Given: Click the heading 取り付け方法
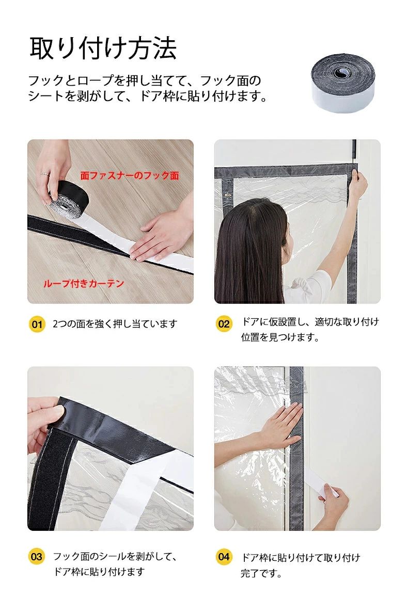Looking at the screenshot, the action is point(103,49).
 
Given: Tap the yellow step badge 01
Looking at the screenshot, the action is point(37,325).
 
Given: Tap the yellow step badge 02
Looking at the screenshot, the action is point(224,325).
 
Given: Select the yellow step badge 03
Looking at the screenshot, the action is point(37,557).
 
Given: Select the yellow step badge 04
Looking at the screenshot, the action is point(224,557).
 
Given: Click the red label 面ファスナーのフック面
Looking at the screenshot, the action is point(130,175).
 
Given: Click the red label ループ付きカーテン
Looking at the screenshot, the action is point(83,283).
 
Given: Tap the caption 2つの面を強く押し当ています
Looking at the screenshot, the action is point(115,325).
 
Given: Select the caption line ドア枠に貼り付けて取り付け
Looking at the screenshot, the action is point(301,558).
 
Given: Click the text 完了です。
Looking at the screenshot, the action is point(261,573).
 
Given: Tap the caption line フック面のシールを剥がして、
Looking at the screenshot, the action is point(115,557).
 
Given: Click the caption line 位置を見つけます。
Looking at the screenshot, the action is point(280,337).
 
